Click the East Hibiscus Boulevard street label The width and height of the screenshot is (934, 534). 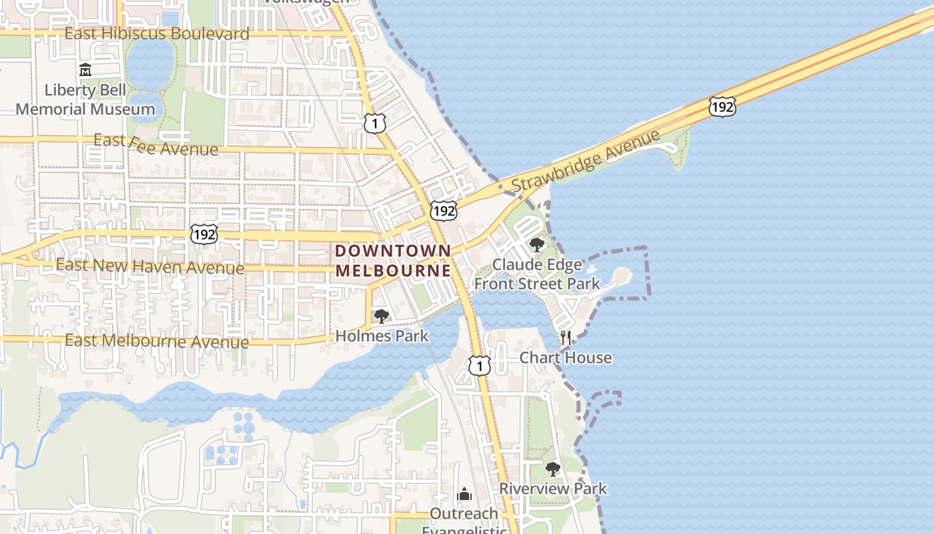157,33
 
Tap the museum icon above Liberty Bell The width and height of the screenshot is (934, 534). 85,69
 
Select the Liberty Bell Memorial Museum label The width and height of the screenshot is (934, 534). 85,99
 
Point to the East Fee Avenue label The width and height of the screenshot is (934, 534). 155,144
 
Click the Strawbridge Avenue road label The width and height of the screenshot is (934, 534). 586,160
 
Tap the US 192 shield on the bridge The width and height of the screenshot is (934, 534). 723,106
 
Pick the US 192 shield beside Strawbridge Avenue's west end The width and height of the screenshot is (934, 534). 444,211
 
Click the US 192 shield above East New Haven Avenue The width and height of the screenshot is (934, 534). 203,234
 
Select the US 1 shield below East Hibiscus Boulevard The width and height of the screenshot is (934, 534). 375,123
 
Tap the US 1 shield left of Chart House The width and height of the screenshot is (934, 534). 479,365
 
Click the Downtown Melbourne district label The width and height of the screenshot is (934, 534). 393,260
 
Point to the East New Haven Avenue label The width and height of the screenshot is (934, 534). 149,266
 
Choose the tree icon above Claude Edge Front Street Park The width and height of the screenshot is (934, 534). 536,245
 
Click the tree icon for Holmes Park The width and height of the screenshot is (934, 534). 381,316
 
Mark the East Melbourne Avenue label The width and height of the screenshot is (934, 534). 157,341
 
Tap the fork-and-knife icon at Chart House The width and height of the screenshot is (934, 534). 566,337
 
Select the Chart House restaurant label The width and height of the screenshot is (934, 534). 566,358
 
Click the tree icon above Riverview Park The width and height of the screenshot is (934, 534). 552,469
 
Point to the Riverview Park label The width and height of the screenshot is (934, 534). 553,489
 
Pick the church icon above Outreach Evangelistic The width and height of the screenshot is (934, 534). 464,495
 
